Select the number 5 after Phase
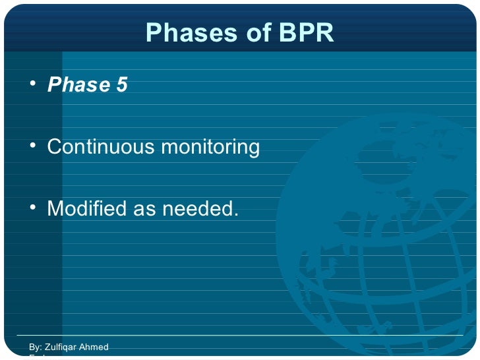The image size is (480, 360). [121, 86]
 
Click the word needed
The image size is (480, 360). [196, 209]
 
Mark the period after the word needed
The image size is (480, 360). [235, 216]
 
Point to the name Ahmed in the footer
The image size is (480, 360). [94, 347]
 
